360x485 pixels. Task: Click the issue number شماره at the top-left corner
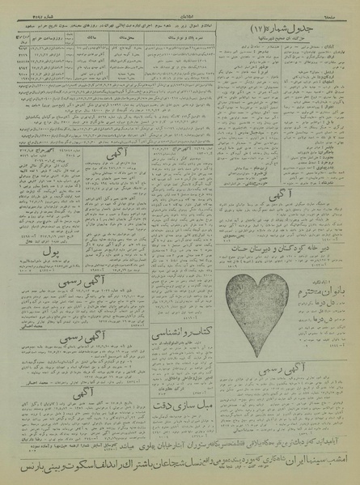coord(20,6)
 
